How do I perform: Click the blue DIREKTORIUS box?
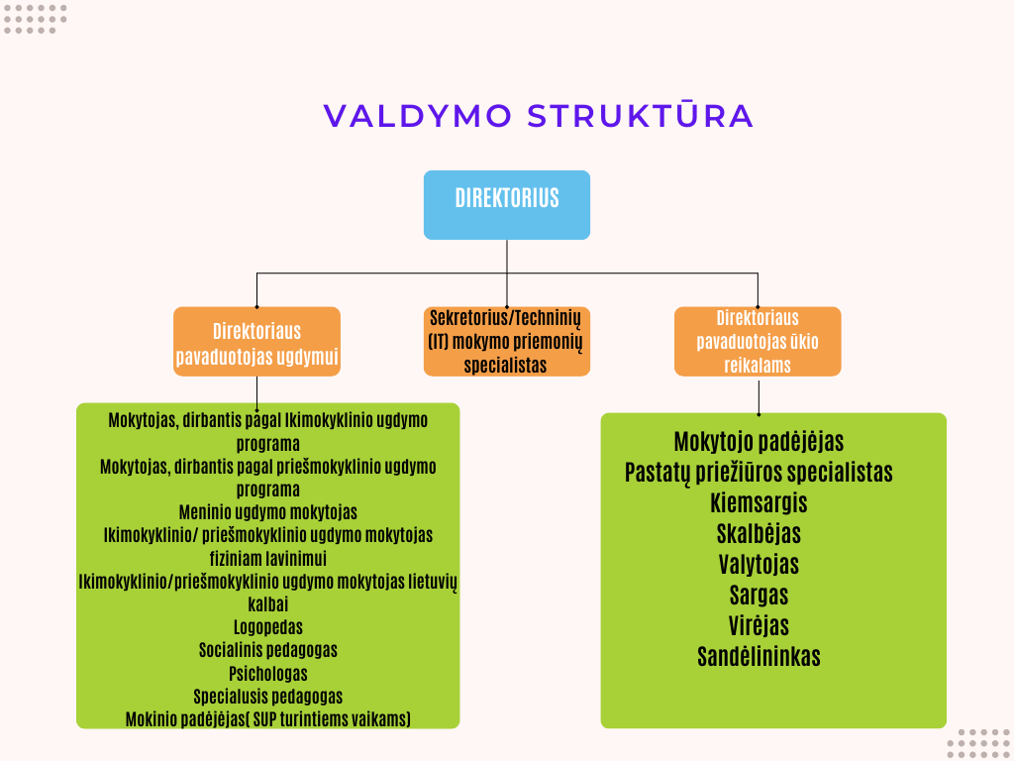point(507,205)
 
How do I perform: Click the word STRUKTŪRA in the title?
point(641,115)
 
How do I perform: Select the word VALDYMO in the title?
point(418,116)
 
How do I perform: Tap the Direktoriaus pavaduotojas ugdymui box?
point(256,342)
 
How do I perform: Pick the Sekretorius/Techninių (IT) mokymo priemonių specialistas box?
point(507,342)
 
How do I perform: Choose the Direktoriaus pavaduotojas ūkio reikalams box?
point(758,342)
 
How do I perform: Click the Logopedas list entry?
point(267,627)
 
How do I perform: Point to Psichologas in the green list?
point(267,674)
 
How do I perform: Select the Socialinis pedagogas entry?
point(267,650)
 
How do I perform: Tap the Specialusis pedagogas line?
point(267,697)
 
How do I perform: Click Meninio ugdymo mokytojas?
point(267,512)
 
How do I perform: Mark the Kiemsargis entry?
point(759,503)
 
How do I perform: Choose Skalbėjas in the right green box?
point(759,534)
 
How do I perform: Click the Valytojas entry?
point(759,565)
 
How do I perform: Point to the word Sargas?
point(759,596)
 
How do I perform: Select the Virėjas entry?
point(759,626)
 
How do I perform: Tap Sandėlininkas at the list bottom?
point(759,657)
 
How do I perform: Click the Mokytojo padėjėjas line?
point(759,442)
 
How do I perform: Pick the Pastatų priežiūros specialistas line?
point(759,473)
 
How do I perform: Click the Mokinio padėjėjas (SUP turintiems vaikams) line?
point(267,719)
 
